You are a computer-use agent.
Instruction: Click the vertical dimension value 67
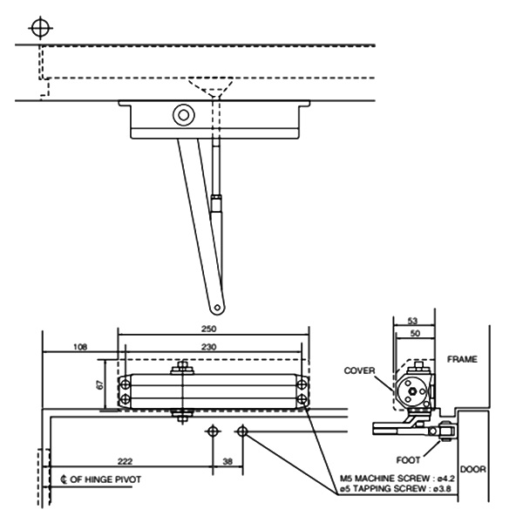[100, 384]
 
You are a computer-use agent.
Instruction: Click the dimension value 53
[413, 321]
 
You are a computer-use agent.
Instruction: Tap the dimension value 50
[413, 333]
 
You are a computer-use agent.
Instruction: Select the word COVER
[359, 370]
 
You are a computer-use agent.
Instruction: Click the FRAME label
[462, 358]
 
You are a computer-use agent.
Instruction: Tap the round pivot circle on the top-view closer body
[183, 115]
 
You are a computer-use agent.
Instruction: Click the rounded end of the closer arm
[214, 307]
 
